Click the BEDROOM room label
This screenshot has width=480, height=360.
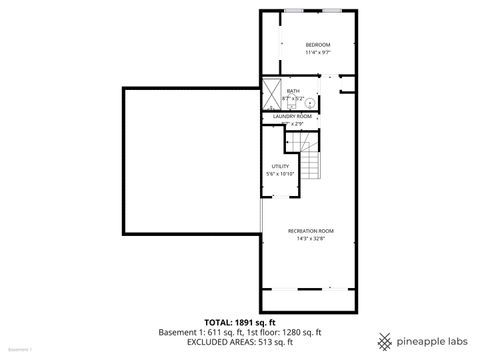click(x=318, y=45)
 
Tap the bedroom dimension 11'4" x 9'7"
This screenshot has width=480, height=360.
click(x=318, y=53)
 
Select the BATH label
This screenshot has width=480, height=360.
click(x=293, y=92)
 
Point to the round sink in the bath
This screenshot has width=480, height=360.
click(x=310, y=103)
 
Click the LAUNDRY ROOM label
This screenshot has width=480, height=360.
click(x=293, y=116)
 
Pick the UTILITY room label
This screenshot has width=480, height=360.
click(x=281, y=166)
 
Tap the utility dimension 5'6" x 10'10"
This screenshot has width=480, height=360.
click(x=281, y=174)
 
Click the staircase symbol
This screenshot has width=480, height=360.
click(x=313, y=165)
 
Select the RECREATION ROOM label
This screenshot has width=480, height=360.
click(x=311, y=231)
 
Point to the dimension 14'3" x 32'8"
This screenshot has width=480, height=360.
click(x=311, y=239)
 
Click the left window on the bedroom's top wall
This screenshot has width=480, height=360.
click(x=295, y=10)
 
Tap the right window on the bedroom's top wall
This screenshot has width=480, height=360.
click(x=332, y=10)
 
